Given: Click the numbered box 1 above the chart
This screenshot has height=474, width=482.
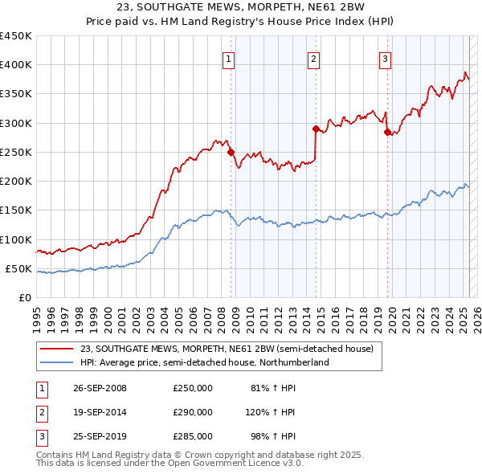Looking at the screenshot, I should coord(230,58).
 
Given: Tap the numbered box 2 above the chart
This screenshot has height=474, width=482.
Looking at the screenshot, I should coord(313,58).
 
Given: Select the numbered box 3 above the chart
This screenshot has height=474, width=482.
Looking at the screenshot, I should coord(385,58).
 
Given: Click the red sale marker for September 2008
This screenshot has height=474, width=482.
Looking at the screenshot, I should coord(231,152).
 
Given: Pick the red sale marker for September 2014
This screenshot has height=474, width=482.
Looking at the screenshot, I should coord(316,129).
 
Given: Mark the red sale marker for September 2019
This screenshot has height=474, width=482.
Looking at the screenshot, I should coord(387,132).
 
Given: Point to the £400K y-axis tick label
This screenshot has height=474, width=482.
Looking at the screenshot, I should coord(16,65).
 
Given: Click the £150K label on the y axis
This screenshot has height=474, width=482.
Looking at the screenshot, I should coord(16,210).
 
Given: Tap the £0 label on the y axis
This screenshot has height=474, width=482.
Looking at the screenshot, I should coord(25,298).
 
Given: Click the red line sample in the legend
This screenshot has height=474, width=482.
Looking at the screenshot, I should coord(57,349).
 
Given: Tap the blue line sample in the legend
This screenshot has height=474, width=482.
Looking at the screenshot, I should coord(57,362).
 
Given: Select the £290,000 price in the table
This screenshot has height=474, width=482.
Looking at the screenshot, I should coord(193,412).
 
